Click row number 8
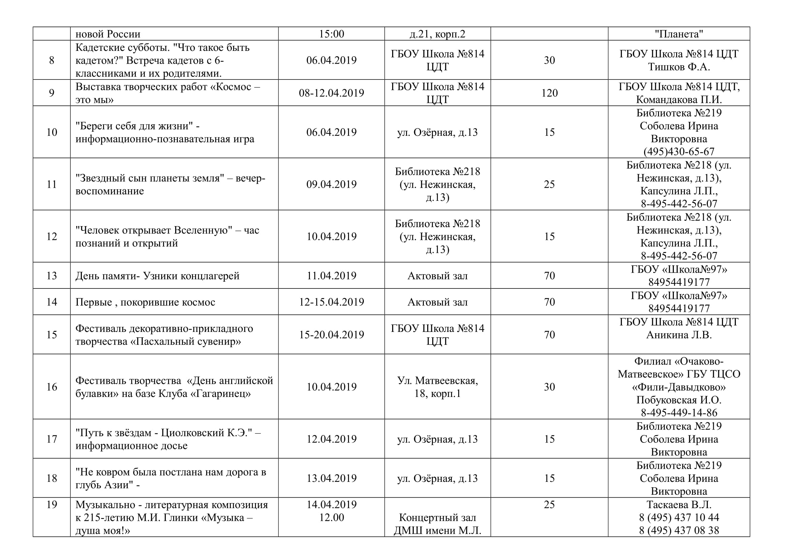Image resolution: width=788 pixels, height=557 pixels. click(52, 60)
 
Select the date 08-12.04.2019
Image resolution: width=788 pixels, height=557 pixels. click(331, 93)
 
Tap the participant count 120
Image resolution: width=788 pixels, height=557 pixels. click(549, 93)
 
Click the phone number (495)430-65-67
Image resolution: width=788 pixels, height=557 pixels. click(679, 151)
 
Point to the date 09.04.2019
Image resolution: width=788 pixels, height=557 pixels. click(331, 184)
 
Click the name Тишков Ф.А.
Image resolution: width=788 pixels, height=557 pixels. click(679, 67)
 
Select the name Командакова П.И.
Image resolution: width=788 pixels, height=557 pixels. click(679, 99)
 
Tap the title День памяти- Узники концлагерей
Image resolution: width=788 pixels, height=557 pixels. click(157, 276)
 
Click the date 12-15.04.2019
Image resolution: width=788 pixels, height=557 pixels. click(331, 302)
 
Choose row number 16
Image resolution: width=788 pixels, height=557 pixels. click(52, 387)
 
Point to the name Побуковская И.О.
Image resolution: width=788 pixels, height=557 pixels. click(679, 400)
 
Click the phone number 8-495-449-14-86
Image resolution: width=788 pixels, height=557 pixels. click(679, 412)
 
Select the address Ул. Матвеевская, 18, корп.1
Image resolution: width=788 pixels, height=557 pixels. click(437, 387)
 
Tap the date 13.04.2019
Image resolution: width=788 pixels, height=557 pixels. click(331, 478)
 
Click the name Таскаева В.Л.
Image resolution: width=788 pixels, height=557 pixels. click(679, 504)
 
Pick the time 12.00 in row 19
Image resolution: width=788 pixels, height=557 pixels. click(331, 518)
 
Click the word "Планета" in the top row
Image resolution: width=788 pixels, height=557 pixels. click(679, 34)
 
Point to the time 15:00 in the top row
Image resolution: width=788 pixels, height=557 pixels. click(331, 34)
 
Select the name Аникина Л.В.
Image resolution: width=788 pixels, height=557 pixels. click(679, 335)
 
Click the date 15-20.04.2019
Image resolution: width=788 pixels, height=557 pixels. click(331, 335)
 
